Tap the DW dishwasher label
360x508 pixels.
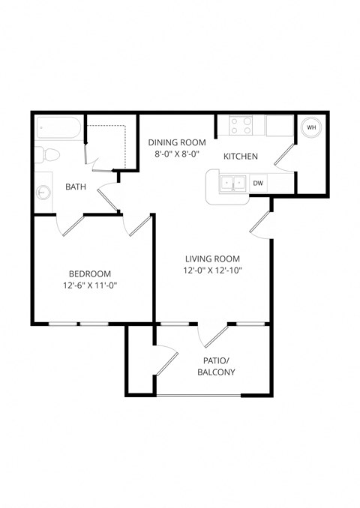[x=258, y=183]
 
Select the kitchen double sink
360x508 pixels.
[x=232, y=183]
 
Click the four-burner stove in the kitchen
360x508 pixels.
[x=241, y=125]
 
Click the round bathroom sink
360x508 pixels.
[x=43, y=193]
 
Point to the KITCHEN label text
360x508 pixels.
[x=241, y=157]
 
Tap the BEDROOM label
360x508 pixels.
[x=90, y=273]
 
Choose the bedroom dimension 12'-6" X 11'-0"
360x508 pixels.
[x=90, y=285]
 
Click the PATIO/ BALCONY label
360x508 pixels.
[x=217, y=366]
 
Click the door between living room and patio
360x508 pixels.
[x=215, y=335]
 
